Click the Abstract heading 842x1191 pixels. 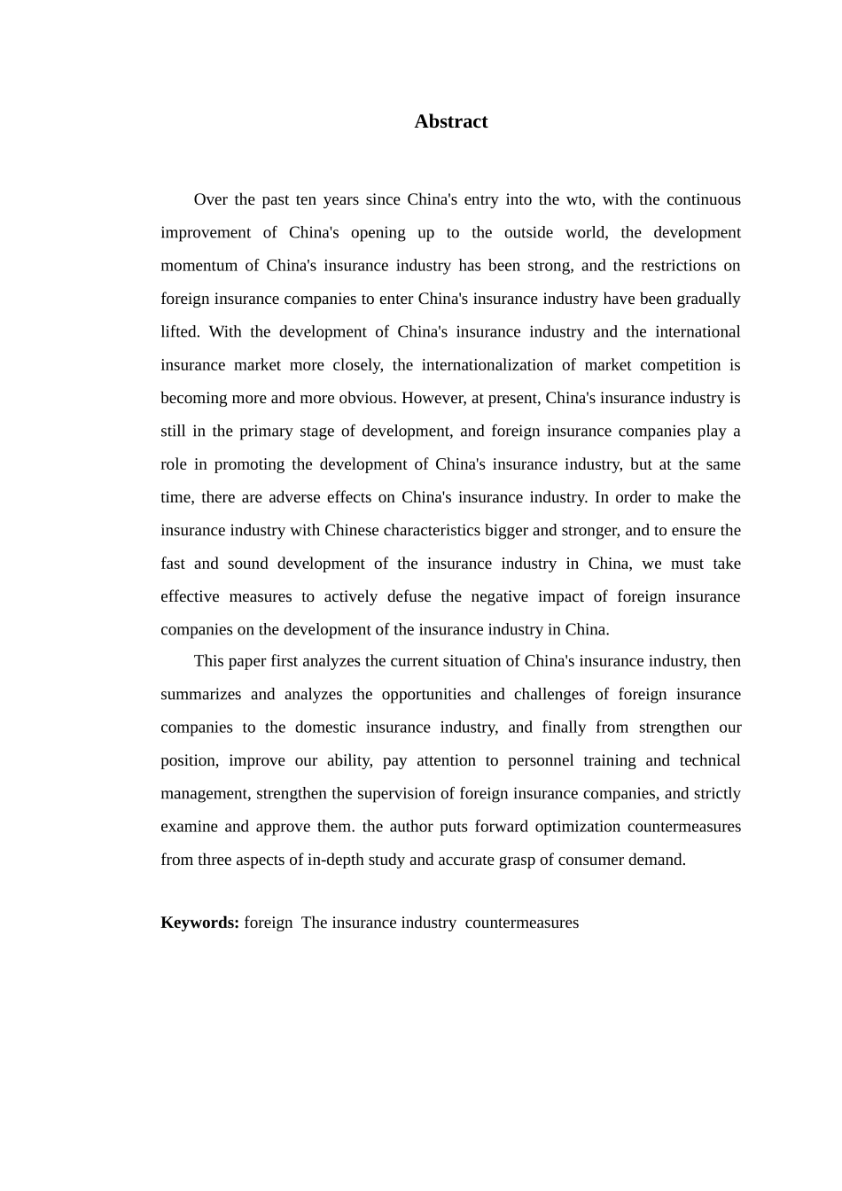[x=450, y=122]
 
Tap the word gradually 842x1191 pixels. [x=708, y=299]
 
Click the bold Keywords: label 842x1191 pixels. [x=199, y=922]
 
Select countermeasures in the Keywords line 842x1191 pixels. [x=521, y=922]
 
